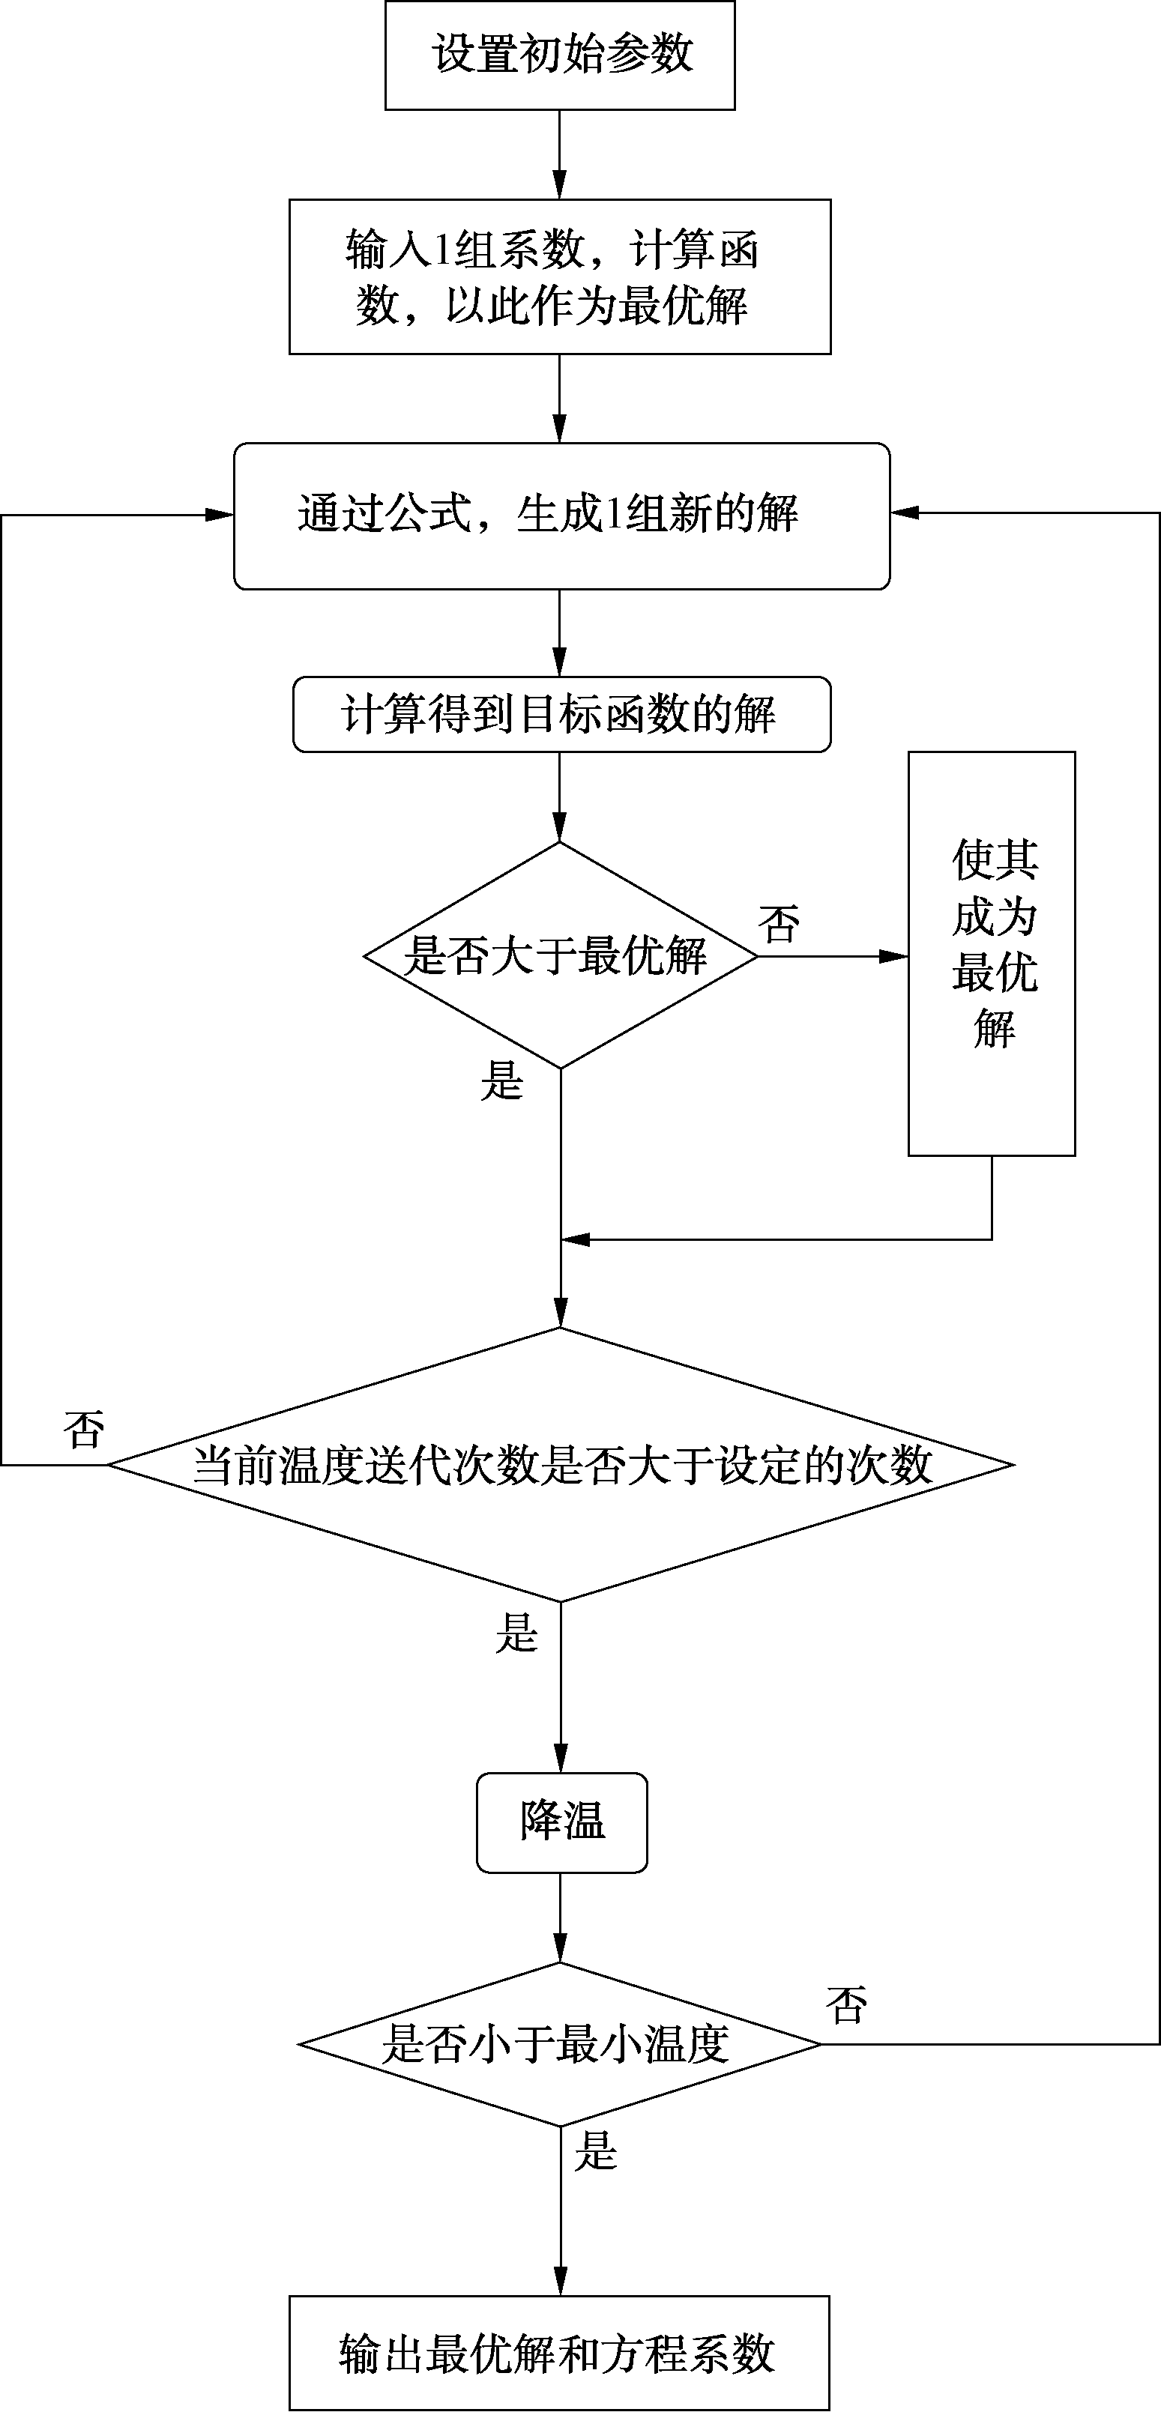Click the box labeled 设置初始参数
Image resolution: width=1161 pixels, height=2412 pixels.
tap(560, 54)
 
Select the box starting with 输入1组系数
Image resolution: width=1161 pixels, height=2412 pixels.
tap(560, 276)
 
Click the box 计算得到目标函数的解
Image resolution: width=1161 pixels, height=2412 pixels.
tap(561, 714)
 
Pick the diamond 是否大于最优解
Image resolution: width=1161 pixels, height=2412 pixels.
tap(560, 955)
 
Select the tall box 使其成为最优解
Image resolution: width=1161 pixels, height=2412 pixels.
tap(992, 953)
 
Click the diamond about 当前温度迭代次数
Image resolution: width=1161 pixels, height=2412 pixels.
tap(561, 1464)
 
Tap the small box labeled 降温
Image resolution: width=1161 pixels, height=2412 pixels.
tap(562, 1822)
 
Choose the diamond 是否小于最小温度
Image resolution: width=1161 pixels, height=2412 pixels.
tap(560, 2043)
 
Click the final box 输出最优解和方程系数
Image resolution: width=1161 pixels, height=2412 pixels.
tap(559, 2353)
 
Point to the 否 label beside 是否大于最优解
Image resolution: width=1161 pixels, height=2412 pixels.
tap(779, 924)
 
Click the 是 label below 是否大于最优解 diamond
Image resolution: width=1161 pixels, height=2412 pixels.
tap(502, 1081)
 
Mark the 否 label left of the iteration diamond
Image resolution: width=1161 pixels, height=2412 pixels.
tap(83, 1430)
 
